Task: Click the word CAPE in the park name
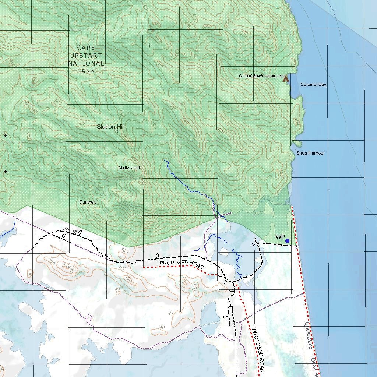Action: pyautogui.click(x=86, y=48)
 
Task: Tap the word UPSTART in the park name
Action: pyautogui.click(x=86, y=56)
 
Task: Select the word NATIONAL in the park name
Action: pyautogui.click(x=86, y=63)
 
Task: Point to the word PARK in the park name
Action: pyautogui.click(x=86, y=71)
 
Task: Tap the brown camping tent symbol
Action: pyautogui.click(x=285, y=78)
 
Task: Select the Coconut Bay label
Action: pyautogui.click(x=313, y=84)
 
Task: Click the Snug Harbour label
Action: pyautogui.click(x=310, y=153)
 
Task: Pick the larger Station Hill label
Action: pyautogui.click(x=110, y=127)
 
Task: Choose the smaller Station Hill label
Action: pyautogui.click(x=129, y=168)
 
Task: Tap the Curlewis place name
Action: pyautogui.click(x=88, y=202)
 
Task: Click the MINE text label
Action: pyautogui.click(x=67, y=229)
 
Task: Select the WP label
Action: pyautogui.click(x=280, y=237)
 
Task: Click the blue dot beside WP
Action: pyautogui.click(x=288, y=241)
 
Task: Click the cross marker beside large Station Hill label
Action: pyautogui.click(x=118, y=131)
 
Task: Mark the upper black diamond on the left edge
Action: pyautogui.click(x=6, y=135)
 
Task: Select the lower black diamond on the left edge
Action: pyautogui.click(x=6, y=172)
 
